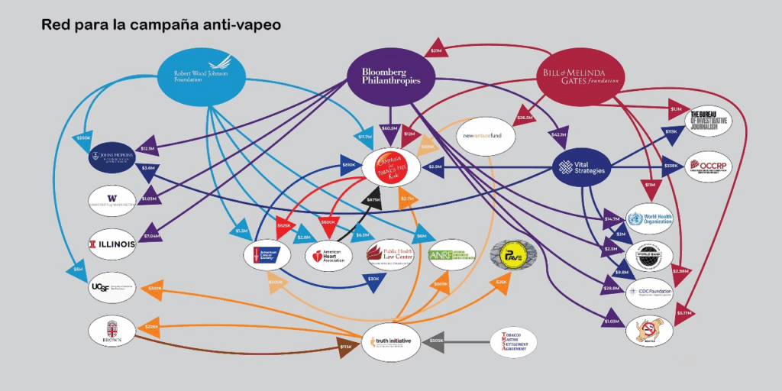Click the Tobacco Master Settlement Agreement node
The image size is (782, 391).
point(513,341)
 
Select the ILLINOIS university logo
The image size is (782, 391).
point(112,244)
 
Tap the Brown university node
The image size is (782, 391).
point(111,330)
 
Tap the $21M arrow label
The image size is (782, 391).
point(437,50)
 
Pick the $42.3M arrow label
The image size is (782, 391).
point(557,135)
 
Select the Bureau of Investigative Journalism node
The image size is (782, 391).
point(709,120)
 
